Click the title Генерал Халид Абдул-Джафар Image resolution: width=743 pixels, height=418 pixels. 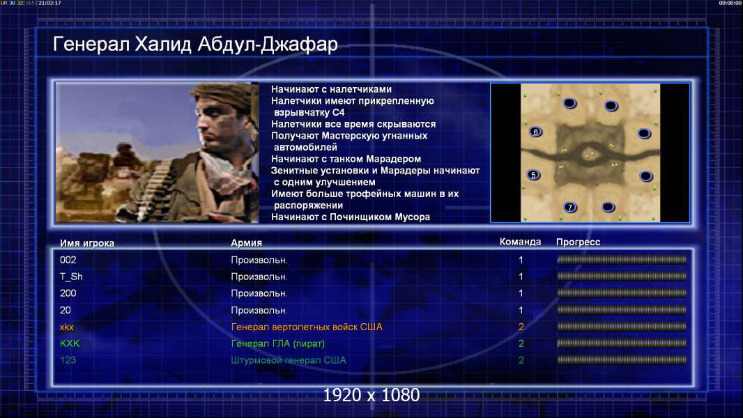[x=195, y=44]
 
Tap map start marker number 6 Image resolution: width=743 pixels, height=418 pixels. [x=535, y=132]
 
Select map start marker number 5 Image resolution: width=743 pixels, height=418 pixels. [x=534, y=175]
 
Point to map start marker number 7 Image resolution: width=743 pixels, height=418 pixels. [x=570, y=208]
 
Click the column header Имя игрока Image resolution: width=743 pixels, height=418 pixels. [x=86, y=243]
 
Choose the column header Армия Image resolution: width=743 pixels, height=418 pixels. [x=247, y=243]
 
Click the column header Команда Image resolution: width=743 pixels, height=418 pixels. [x=520, y=242]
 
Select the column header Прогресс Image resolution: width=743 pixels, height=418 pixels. [x=578, y=242]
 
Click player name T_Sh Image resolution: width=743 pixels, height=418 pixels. [x=71, y=277]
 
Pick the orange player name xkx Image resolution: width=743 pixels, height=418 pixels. [x=67, y=327]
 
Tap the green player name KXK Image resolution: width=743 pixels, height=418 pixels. [x=70, y=343]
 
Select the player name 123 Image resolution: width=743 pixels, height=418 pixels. [x=68, y=360]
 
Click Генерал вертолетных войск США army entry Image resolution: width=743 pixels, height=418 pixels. [x=307, y=327]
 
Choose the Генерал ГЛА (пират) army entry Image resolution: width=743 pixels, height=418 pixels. [x=277, y=343]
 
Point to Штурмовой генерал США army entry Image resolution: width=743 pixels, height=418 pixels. [x=288, y=360]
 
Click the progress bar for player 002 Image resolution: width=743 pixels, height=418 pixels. [x=622, y=259]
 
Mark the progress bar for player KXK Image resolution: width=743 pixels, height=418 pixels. [x=622, y=343]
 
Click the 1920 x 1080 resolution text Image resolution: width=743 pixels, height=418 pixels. [x=371, y=395]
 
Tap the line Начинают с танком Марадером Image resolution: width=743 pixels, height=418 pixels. [x=346, y=159]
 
